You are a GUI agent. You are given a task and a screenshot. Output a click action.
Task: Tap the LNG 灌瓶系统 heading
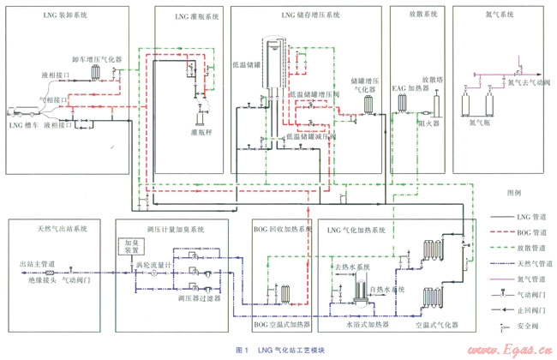click(183, 15)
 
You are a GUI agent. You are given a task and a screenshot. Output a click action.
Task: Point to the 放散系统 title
click(420, 15)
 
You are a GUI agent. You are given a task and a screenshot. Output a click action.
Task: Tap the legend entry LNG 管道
click(522, 216)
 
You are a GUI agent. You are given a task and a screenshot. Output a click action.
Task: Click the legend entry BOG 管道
click(522, 231)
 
